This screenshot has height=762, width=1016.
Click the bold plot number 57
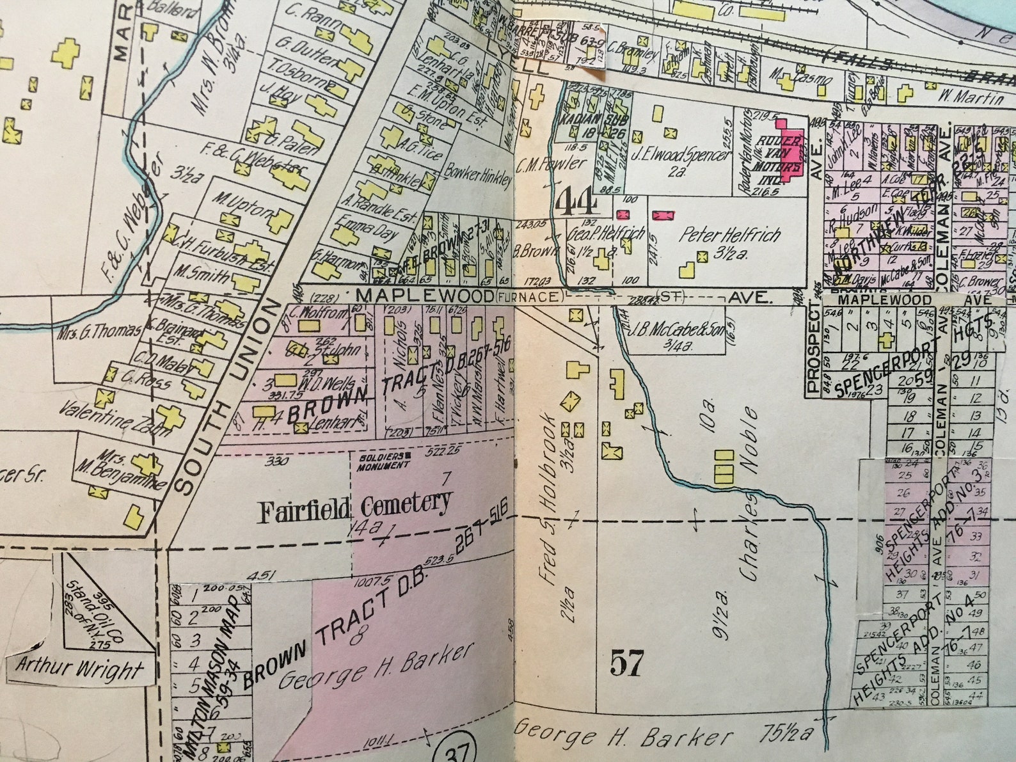[626, 662]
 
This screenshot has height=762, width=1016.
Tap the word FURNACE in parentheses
[528, 296]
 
